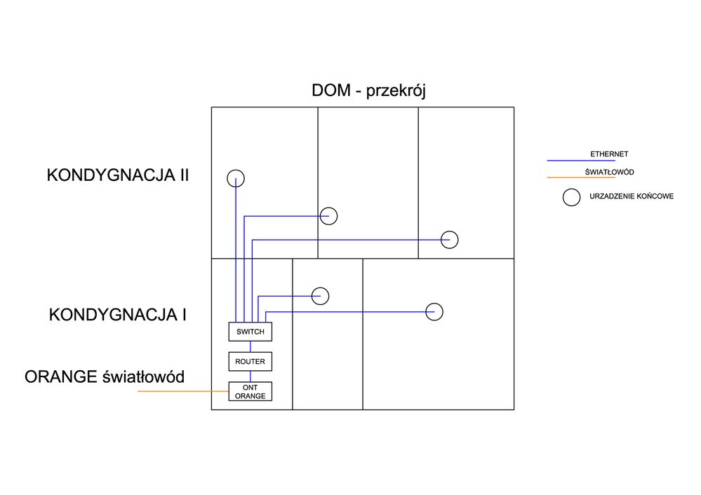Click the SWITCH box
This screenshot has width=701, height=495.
click(250, 332)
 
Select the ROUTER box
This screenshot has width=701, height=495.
click(250, 362)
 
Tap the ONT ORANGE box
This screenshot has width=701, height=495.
click(250, 392)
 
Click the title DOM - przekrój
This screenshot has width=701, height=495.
click(368, 91)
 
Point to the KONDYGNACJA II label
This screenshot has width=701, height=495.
click(118, 175)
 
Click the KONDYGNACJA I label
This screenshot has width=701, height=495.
click(118, 315)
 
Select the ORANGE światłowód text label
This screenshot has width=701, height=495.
click(105, 377)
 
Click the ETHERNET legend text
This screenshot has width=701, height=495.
click(609, 154)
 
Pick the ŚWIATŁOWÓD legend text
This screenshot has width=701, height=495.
click(609, 172)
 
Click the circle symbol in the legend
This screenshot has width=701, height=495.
click(572, 198)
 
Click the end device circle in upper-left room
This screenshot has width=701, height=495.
click(236, 178)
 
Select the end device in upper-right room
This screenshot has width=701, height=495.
click(450, 240)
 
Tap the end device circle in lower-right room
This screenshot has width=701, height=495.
click(435, 311)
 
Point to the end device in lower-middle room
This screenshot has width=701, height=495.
click(321, 296)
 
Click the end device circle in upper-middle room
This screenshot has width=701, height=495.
click(329, 216)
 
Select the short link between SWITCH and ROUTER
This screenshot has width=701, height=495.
click(251, 346)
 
